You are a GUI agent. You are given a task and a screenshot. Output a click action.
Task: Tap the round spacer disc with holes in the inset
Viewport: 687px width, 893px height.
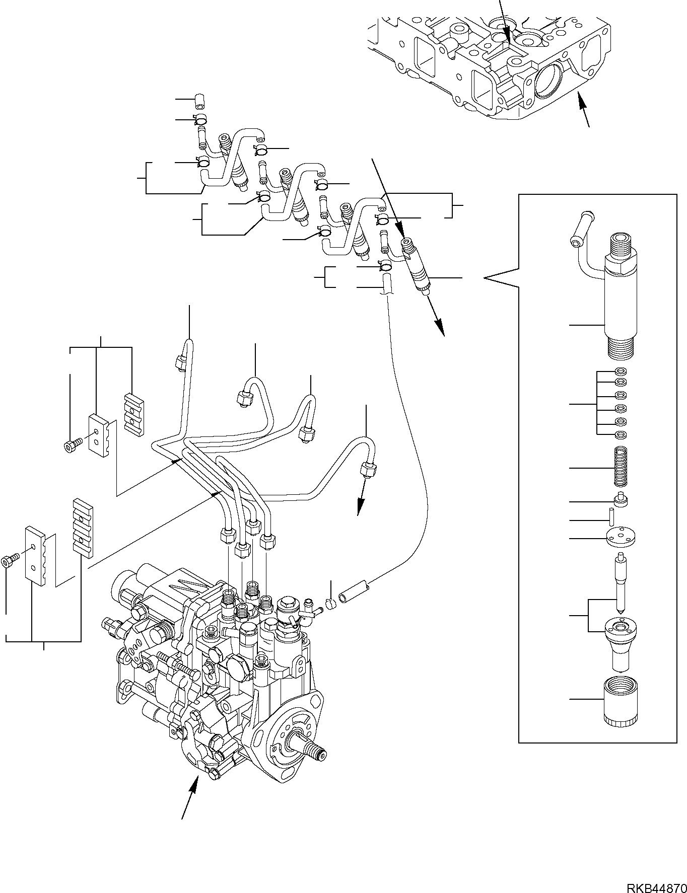coord(622,537)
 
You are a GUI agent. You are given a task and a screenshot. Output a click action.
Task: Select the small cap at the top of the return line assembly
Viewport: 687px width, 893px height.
coord(200,100)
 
